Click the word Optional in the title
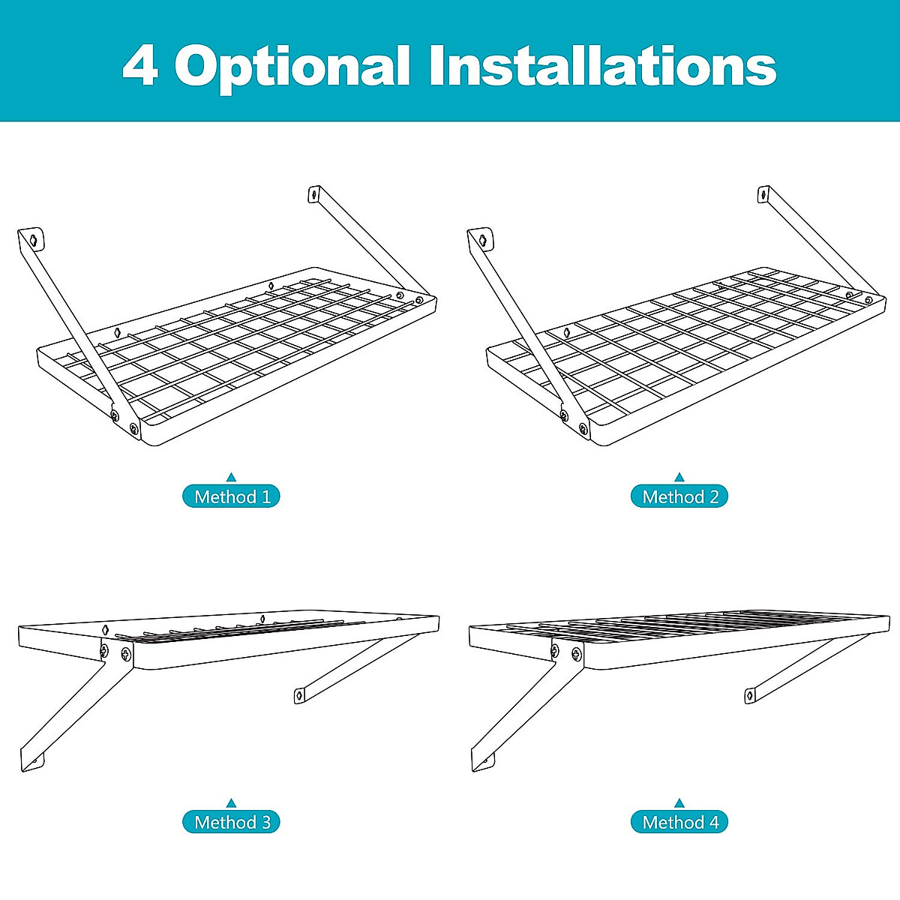point(292,66)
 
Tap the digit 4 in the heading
point(139,66)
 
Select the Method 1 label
point(232,496)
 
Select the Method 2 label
point(679,496)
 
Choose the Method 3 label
point(232,822)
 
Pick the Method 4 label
point(679,822)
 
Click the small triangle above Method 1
point(232,476)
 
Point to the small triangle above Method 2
point(679,476)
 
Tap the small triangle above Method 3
point(232,802)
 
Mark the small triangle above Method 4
point(679,802)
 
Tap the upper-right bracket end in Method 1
point(313,194)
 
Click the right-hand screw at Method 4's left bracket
point(577,654)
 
